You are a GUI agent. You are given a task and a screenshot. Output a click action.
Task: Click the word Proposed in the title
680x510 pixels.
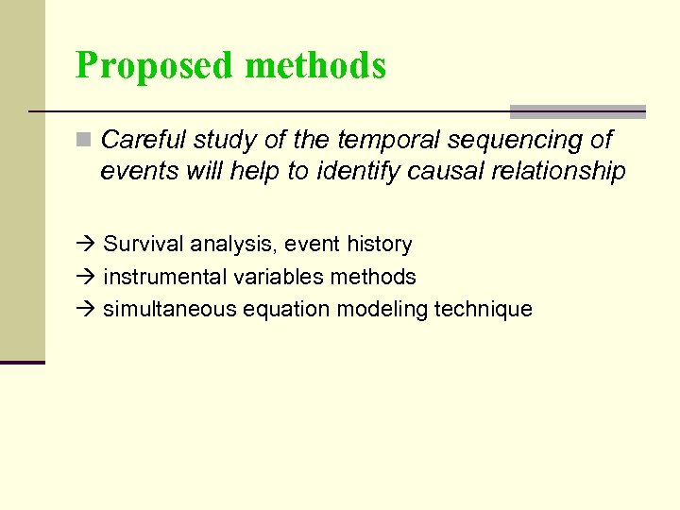[154, 66]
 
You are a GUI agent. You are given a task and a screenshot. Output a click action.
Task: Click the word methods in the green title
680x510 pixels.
[314, 66]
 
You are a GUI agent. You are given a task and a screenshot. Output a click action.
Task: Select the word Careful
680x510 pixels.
[143, 141]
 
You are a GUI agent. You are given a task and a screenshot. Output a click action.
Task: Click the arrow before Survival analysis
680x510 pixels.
[87, 245]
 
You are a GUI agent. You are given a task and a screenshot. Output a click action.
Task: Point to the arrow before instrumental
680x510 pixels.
[87, 277]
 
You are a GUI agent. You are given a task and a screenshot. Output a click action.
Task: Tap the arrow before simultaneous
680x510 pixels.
[87, 309]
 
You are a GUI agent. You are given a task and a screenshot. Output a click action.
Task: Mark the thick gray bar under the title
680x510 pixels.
[577, 111]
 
